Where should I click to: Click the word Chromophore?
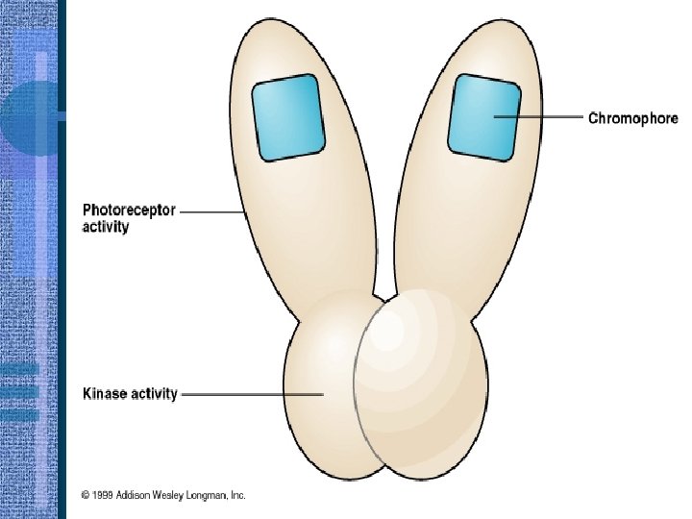pos(632,118)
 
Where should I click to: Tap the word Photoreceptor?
pos(128,210)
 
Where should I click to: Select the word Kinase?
pos(104,394)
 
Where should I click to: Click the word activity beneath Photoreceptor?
pos(105,228)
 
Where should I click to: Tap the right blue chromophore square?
pos(483,116)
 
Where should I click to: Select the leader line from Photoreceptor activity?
pos(211,210)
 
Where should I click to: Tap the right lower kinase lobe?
pos(423,384)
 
